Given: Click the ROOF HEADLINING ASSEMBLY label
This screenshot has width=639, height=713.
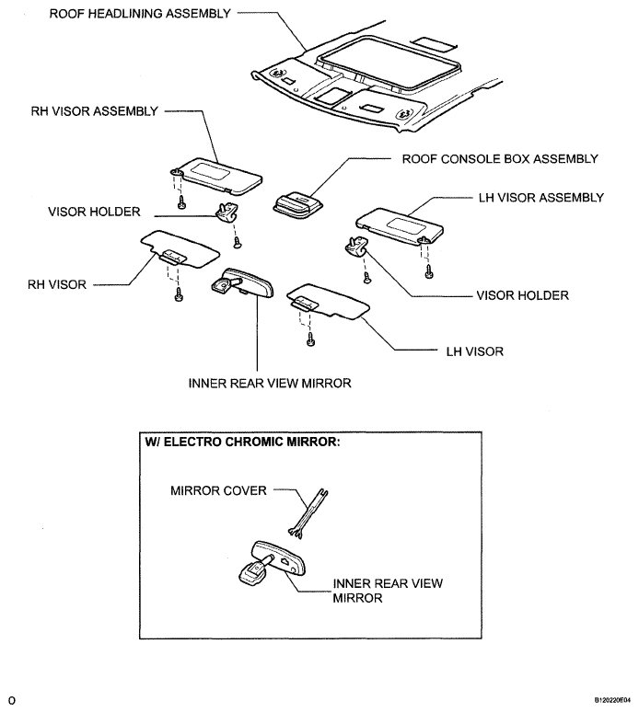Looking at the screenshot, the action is pos(140,14).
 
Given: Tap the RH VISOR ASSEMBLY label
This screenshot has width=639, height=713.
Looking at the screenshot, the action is pos(94,111).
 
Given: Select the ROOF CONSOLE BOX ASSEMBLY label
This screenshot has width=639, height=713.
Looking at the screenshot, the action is pos(500,159).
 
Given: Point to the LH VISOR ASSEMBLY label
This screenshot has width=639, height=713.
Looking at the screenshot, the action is pos(541,198).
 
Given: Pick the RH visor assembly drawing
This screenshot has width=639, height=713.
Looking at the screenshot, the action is pos(216,177).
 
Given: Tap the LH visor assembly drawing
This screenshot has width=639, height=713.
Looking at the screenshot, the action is pos(400,226).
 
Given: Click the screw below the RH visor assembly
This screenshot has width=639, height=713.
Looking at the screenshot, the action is pos(181,202).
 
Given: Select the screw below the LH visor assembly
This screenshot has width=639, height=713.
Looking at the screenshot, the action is pos(428,271).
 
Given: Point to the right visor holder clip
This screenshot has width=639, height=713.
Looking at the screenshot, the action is pos(356,246).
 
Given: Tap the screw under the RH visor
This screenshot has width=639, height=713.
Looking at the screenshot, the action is pos(179,293).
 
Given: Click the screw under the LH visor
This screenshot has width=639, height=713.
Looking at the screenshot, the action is pos(310,339).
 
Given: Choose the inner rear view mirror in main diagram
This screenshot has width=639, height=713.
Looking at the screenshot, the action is pos(243,282).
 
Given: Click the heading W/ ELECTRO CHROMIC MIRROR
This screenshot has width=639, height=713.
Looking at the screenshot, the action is pos(242,442).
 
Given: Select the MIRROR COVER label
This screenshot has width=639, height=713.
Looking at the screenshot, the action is pos(218,490).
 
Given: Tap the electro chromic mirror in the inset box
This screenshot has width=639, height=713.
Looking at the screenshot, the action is pos(273,561).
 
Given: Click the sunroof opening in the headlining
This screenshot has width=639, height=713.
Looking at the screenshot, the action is pos(389,62).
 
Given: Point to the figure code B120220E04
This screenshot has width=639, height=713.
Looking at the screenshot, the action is pos(612,700).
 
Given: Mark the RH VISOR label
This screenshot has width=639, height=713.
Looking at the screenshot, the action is pos(57,284).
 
